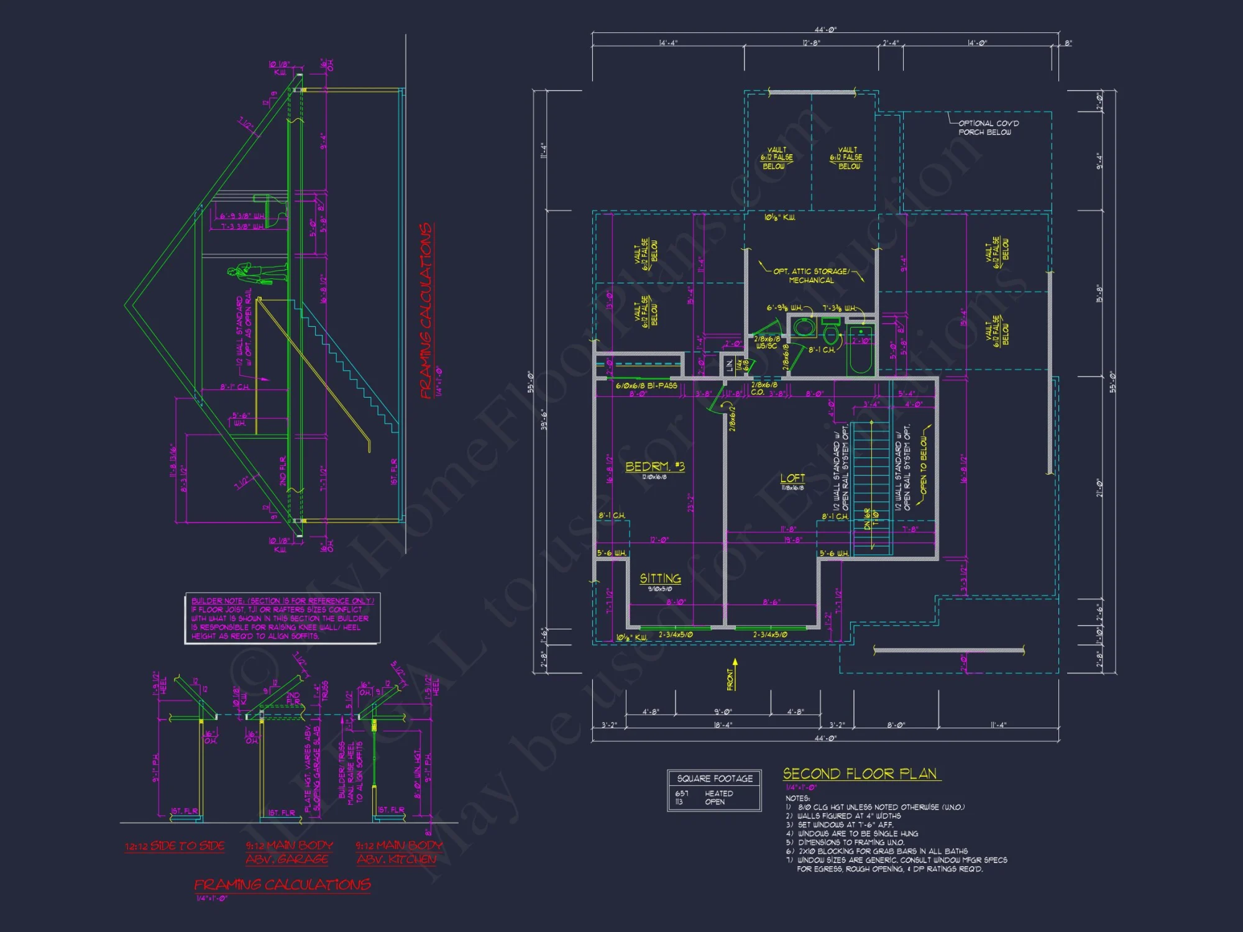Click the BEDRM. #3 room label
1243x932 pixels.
coord(654,467)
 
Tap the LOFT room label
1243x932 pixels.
coord(792,478)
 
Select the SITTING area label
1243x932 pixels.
coord(660,578)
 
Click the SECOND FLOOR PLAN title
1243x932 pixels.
coord(860,774)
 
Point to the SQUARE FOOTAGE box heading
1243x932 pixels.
coord(715,779)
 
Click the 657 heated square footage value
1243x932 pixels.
coord(682,793)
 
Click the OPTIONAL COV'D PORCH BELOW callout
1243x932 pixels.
coord(988,127)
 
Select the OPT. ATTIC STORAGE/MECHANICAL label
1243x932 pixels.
coord(810,276)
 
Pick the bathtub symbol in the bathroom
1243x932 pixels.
coord(861,351)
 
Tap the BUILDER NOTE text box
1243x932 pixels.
coord(282,618)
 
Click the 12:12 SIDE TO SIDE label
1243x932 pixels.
coord(175,846)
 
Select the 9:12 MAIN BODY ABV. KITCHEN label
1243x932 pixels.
coord(398,852)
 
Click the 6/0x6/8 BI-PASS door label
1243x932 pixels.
coord(646,386)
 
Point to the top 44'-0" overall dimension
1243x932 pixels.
coord(825,29)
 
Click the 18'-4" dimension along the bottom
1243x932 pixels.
coord(723,725)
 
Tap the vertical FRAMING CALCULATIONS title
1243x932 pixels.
coord(426,311)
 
